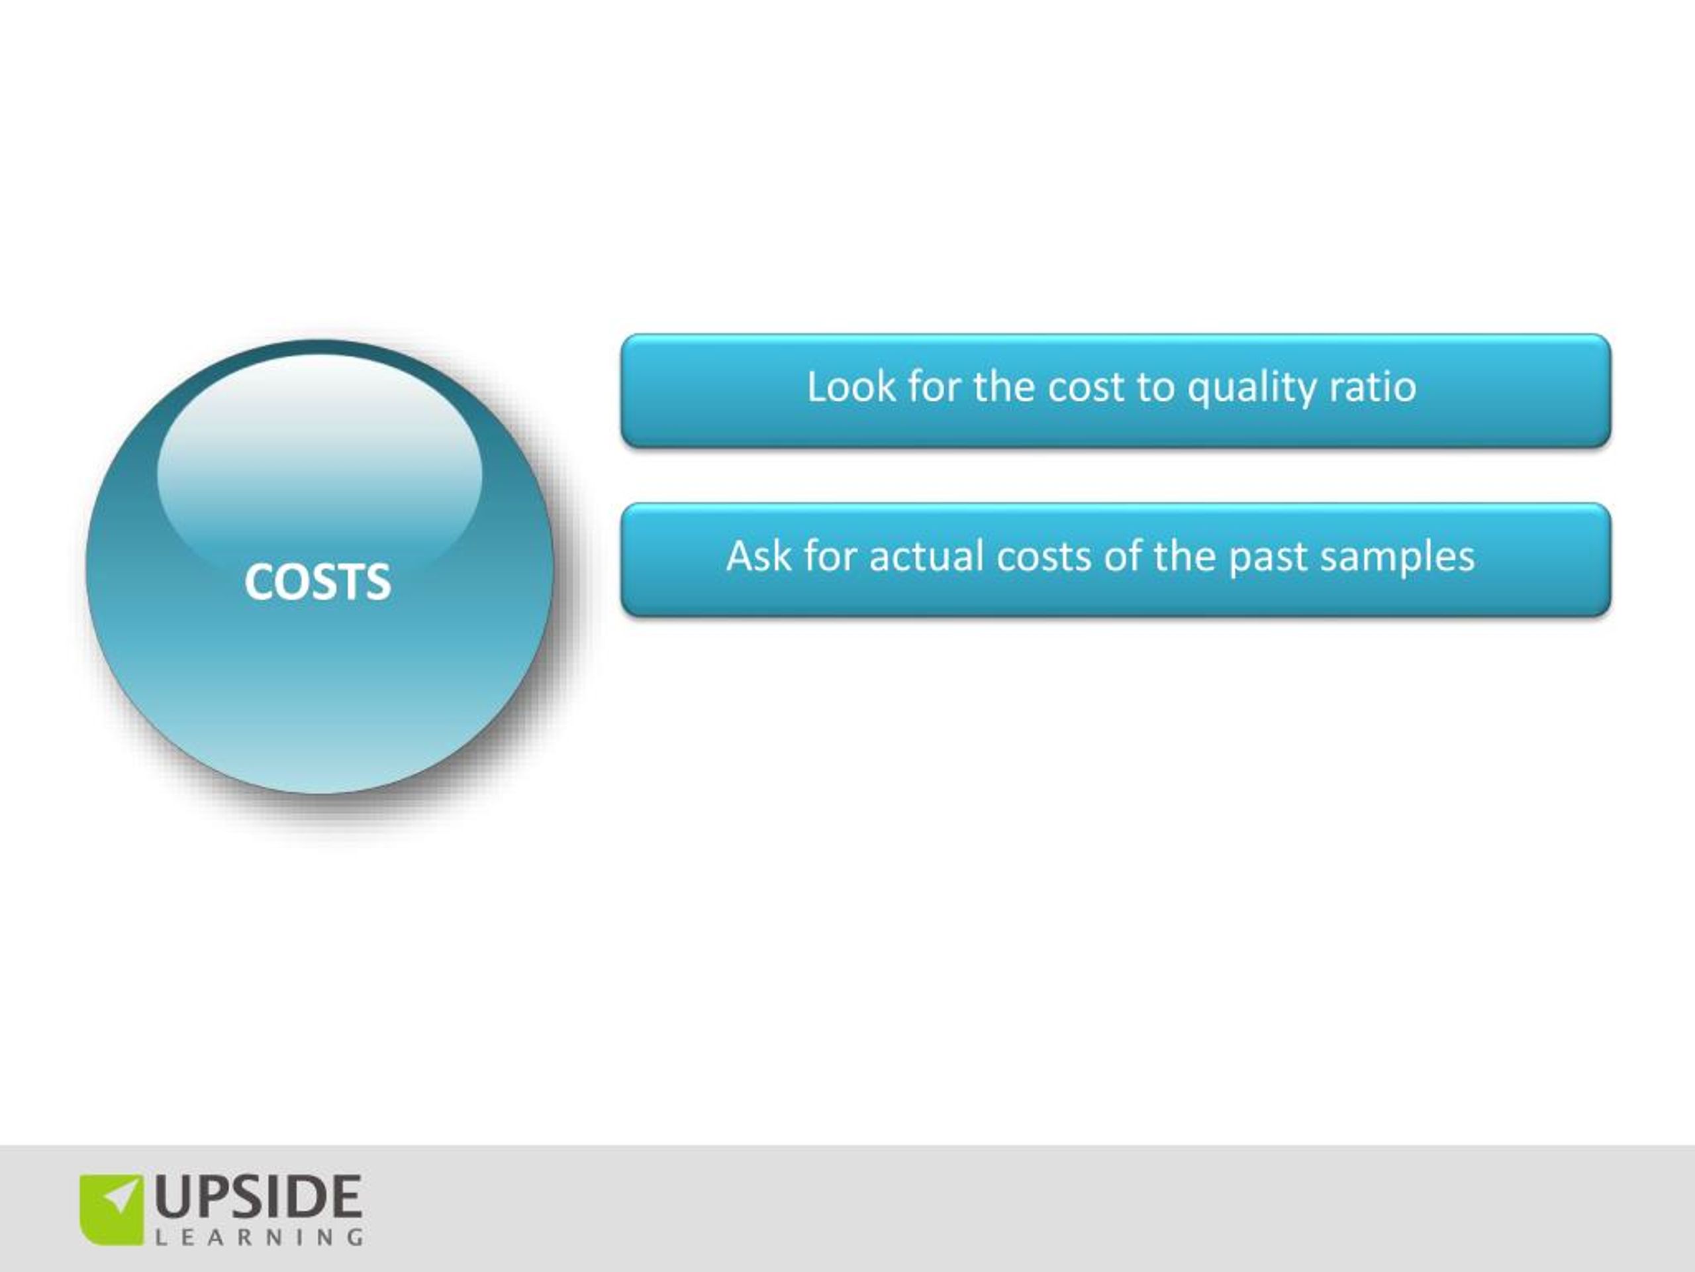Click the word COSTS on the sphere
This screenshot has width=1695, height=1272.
click(317, 581)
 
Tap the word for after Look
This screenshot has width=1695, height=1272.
click(934, 386)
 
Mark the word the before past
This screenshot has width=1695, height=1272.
click(1184, 556)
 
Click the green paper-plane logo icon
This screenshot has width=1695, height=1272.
click(112, 1209)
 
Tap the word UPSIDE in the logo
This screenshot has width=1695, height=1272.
click(258, 1197)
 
